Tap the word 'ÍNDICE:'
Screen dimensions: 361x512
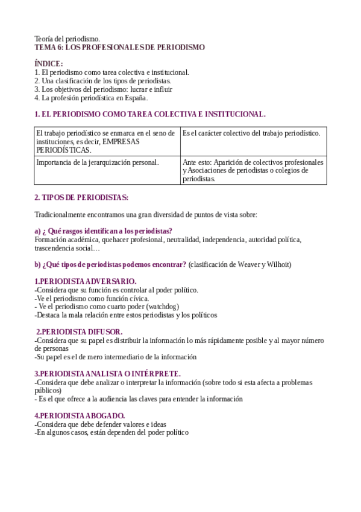pos(48,63)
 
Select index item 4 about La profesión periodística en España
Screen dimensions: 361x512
pos(91,97)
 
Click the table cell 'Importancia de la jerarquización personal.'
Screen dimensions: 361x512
pos(98,162)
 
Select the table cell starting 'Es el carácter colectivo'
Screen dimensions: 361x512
pos(251,133)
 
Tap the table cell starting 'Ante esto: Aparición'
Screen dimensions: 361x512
pos(253,170)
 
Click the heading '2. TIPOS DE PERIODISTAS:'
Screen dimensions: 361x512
pos(81,197)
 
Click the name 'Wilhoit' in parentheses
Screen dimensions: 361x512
pos(280,264)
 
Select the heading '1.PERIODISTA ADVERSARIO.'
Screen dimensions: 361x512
pos(85,281)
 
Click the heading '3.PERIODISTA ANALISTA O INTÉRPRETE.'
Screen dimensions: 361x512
pos(107,374)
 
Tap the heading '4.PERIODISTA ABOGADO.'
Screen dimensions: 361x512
pos(80,415)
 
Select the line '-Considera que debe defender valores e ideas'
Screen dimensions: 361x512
pos(100,424)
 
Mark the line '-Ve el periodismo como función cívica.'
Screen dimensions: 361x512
pos(92,298)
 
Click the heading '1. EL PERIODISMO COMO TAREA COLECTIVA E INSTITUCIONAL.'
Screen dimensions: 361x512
pos(149,114)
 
